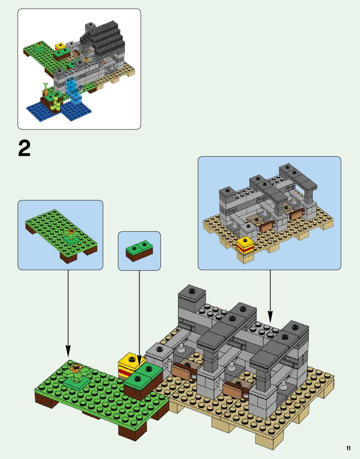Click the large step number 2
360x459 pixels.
(x=24, y=149)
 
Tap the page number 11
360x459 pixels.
(x=348, y=448)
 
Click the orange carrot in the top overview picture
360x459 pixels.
(x=46, y=91)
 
